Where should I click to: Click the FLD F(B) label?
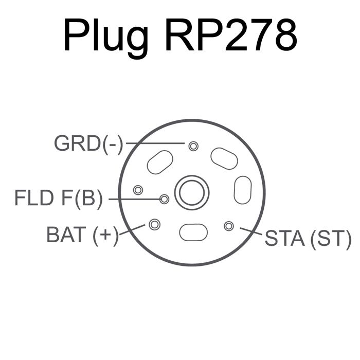point(58,198)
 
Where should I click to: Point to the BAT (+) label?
point(82,235)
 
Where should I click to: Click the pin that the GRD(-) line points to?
point(193,146)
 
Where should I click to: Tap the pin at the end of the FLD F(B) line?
point(164,199)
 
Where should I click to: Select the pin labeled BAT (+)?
point(154,224)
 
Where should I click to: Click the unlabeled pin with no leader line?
point(137,190)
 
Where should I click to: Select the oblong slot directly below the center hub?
point(193,232)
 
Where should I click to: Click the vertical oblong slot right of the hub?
point(242,190)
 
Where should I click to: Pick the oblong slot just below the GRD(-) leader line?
point(160,162)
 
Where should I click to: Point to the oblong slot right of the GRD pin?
point(224,158)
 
